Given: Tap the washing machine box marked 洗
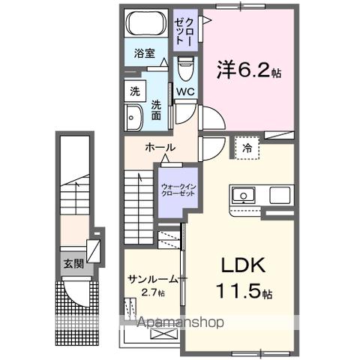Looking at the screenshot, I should tap(135, 91).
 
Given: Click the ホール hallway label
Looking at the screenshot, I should tap(160, 147).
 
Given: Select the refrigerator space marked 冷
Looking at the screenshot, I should tap(247, 148).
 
